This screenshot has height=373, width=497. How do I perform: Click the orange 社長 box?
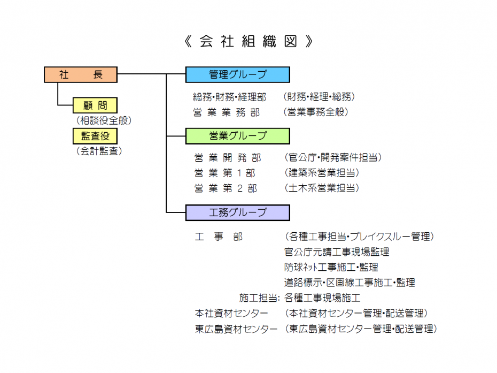[81, 74]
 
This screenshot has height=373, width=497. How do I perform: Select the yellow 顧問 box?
[95, 105]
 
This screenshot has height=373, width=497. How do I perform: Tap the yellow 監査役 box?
[95, 136]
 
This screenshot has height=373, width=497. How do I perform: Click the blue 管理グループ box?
[238, 74]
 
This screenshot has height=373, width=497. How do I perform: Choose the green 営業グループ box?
[238, 136]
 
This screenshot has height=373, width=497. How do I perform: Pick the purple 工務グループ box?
[238, 212]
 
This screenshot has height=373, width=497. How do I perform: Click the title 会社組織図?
[248, 41]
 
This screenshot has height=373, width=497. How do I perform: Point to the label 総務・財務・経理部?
[229, 97]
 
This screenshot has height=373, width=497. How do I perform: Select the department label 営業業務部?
[227, 112]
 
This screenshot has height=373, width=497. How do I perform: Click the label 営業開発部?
[228, 158]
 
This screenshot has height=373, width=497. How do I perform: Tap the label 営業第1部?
[225, 173]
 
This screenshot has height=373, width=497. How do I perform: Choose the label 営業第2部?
[226, 188]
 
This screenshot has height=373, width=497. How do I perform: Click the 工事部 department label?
[219, 237]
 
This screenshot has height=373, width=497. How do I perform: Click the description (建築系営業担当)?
[322, 173]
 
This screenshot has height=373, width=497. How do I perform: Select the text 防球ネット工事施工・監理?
[331, 267]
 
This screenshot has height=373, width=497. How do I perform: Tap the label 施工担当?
[260, 298]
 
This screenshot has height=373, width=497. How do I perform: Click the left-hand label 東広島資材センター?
[236, 329]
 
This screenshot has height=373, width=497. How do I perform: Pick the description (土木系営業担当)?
[322, 188]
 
